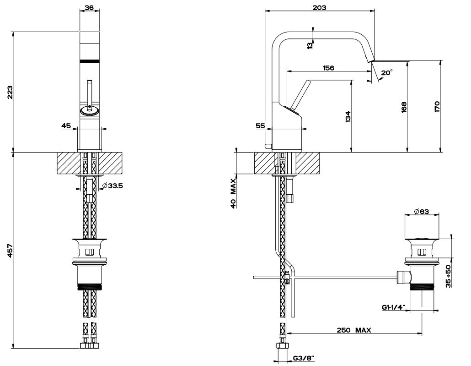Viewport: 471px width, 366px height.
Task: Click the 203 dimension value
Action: click(320, 7)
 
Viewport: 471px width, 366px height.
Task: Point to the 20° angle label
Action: click(386, 72)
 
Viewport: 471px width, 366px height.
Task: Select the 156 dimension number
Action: click(328, 68)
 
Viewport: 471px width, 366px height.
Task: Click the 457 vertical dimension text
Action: click(10, 251)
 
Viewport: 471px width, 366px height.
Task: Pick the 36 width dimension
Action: click(90, 7)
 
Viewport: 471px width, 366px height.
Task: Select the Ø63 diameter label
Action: click(422, 211)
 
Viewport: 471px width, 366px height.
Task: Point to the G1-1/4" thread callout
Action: click(394, 308)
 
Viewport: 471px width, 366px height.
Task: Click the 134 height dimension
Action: click(348, 116)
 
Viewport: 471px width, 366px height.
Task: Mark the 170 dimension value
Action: click(437, 106)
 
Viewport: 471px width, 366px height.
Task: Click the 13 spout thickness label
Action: click(310, 44)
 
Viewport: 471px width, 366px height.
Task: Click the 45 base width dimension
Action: click(66, 126)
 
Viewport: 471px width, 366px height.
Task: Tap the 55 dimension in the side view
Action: click(260, 126)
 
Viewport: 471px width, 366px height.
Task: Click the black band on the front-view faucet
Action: click(90, 60)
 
